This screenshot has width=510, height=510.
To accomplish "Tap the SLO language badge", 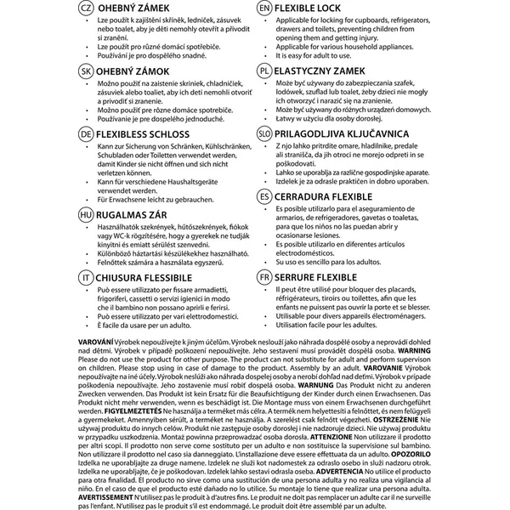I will coord(265,134).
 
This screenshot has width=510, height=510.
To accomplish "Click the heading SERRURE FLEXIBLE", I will coord(327,277).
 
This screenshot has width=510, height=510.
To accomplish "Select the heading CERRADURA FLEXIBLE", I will coord(334,196).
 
